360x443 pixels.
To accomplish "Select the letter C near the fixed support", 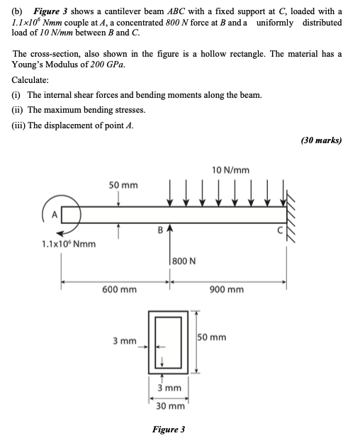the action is (281, 230).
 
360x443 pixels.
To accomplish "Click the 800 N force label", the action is (183, 261).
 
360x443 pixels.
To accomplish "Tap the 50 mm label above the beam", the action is (123, 185).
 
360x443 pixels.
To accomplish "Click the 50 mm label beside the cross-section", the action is (212, 337).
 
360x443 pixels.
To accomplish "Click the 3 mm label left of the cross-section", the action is (125, 342).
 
